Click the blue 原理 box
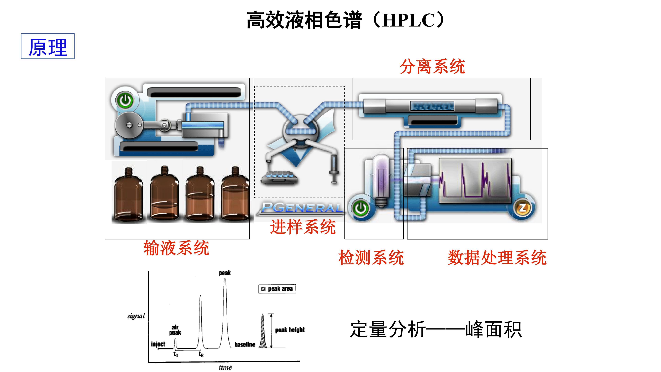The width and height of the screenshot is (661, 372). pos(48,46)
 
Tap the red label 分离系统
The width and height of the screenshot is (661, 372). pos(432,66)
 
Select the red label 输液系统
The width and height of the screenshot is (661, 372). pos(176,248)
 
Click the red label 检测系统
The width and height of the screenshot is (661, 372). pos(371,257)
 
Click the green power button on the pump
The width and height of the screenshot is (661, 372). pos(125,100)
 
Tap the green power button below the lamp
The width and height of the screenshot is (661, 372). pos(361,208)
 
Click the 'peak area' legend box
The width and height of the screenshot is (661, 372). pos(277,289)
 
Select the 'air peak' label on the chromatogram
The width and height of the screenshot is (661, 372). pos(175,330)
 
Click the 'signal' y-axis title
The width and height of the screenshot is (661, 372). pos(136,316)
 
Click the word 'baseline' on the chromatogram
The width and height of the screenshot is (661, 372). pos(245,344)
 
